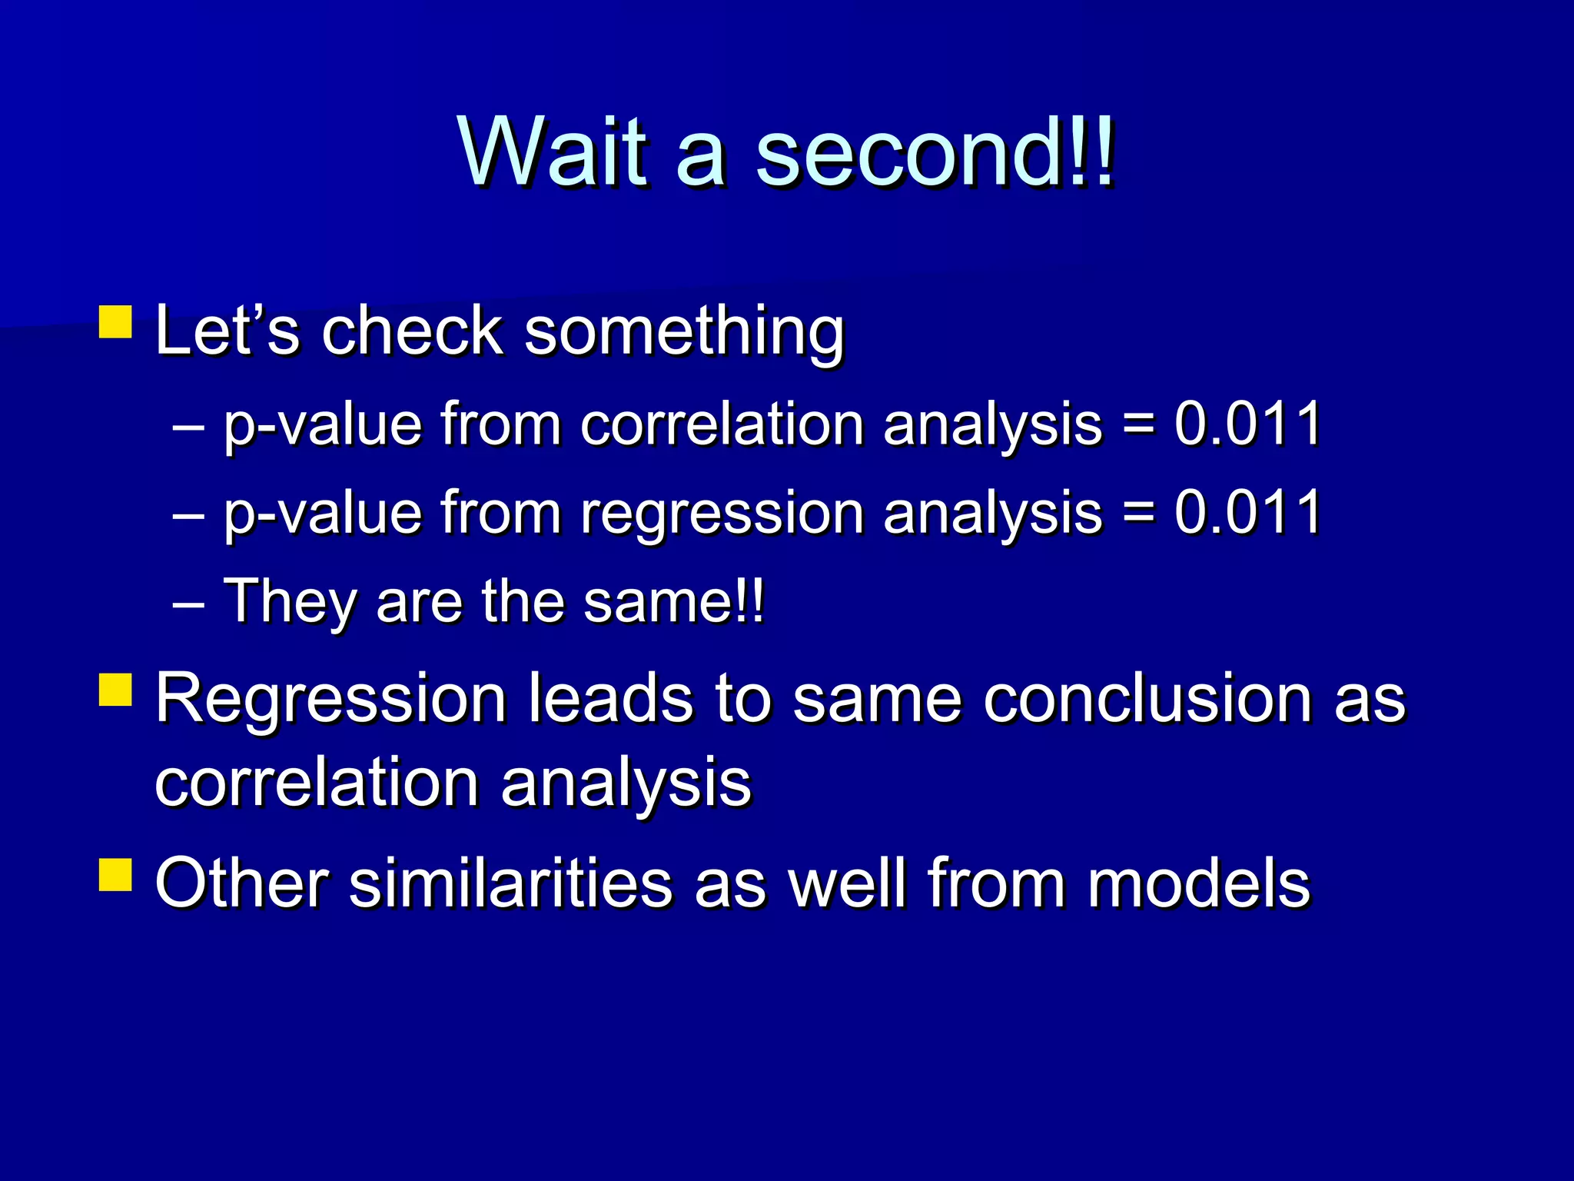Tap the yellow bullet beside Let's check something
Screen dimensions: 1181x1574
(116, 322)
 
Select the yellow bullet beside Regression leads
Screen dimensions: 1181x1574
(116, 690)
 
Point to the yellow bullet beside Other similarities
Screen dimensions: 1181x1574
(116, 874)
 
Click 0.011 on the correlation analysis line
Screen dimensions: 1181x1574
(1247, 424)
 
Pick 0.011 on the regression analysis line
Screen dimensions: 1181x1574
(1247, 512)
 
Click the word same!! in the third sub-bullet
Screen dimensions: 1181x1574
(673, 602)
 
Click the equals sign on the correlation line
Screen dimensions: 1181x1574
(1138, 425)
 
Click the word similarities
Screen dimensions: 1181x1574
(511, 883)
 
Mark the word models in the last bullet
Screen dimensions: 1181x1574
(1198, 883)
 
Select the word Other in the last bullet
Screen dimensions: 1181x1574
(241, 883)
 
